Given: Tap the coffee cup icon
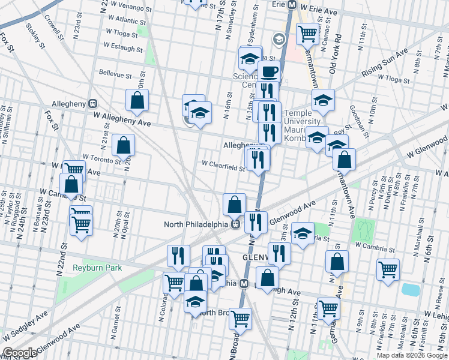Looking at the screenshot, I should [270, 72].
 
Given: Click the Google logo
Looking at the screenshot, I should [19, 353].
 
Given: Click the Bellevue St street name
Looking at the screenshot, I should [115, 75].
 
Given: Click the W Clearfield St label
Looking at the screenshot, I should [223, 163].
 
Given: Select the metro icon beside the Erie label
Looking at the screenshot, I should [292, 4].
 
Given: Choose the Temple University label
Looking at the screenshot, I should [298, 118].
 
